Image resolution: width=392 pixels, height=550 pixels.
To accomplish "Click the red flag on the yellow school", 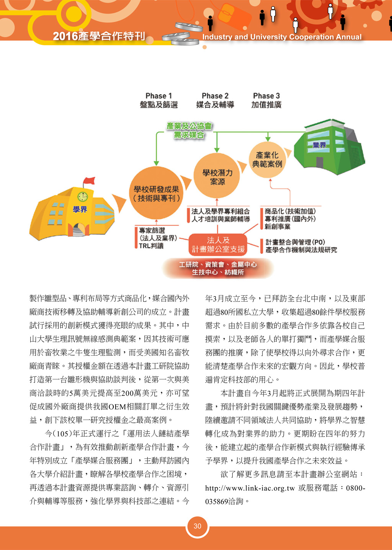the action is [89, 181].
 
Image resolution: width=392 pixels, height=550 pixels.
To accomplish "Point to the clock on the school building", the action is [83, 197].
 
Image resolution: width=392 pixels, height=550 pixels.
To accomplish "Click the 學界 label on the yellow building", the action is [80, 209].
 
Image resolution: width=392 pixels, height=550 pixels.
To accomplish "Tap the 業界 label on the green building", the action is [319, 145].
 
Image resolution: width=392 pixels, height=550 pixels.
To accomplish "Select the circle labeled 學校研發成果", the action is [156, 193].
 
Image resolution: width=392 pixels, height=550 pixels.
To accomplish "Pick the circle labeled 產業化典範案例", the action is [267, 160].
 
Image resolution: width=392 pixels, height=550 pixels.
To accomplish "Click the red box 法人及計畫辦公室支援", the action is [217, 245].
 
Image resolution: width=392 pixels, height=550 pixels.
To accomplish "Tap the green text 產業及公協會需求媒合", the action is [189, 131].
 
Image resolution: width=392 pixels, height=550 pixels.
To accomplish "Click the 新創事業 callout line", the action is [277, 226].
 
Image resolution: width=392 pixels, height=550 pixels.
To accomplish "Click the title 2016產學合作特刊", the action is [99, 36].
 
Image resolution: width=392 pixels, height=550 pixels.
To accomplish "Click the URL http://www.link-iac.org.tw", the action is [250, 488].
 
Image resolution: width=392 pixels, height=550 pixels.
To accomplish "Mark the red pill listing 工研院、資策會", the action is [217, 268].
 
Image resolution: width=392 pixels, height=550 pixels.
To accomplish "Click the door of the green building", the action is [320, 162].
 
